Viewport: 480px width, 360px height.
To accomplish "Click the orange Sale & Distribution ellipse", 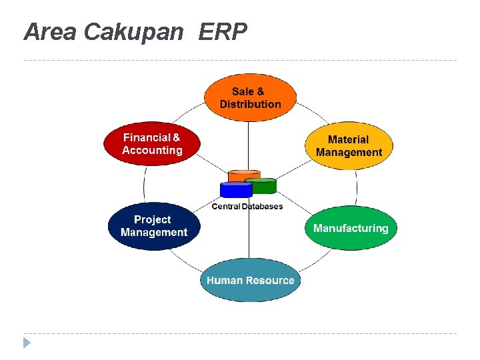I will point(250,98).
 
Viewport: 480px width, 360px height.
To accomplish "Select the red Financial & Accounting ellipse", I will point(152,143).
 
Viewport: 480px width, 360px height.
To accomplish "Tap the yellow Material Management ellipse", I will point(349,146).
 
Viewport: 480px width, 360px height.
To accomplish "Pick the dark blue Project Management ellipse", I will point(153,226).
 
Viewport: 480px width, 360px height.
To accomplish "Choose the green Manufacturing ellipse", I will point(351,228).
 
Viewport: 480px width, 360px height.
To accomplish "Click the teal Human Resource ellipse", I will point(250,280).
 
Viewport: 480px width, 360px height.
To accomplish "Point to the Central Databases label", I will point(247,207).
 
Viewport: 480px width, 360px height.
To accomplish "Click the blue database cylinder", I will point(236,191).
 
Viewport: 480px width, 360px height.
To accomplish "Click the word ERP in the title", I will point(223,31).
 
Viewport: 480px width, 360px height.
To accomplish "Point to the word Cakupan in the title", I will point(133,32).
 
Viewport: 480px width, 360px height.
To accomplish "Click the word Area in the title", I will point(51,31).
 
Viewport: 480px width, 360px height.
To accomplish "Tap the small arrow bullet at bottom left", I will point(27,343).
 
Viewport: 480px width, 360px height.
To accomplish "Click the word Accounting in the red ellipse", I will point(152,150).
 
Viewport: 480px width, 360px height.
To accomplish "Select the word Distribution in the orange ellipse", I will point(250,104).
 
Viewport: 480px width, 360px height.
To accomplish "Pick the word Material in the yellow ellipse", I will point(348,139).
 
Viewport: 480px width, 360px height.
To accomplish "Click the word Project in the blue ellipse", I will point(152,219).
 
